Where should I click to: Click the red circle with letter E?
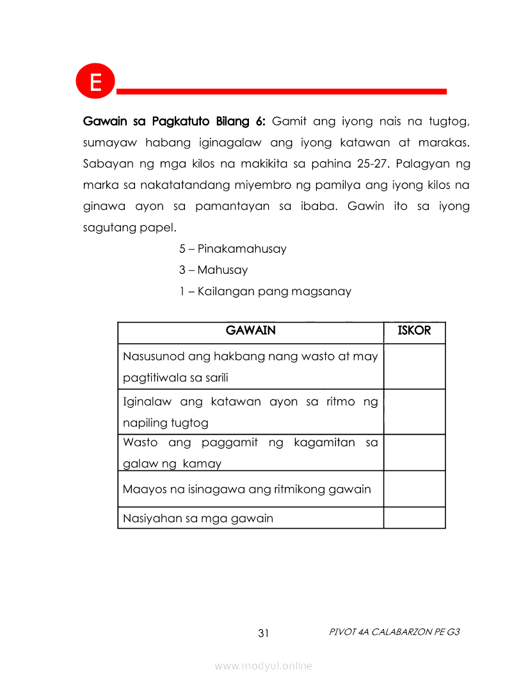(x=95, y=82)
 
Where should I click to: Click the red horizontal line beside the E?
(x=282, y=92)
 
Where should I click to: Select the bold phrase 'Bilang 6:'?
(x=240, y=121)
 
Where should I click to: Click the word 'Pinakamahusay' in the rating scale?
(x=242, y=248)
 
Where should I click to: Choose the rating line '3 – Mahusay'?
(x=213, y=269)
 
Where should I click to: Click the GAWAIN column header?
(x=251, y=331)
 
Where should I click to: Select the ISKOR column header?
(x=414, y=331)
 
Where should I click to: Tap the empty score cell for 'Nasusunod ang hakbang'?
(x=414, y=366)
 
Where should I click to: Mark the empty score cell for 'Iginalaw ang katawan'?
(x=414, y=412)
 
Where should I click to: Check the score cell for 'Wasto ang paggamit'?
(x=414, y=452)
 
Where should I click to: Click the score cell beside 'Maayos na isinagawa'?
(x=414, y=489)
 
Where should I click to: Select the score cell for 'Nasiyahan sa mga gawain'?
(x=414, y=518)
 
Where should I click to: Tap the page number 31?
(x=264, y=634)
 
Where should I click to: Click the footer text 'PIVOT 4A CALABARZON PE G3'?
(x=394, y=632)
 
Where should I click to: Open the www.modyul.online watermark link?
(x=264, y=666)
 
